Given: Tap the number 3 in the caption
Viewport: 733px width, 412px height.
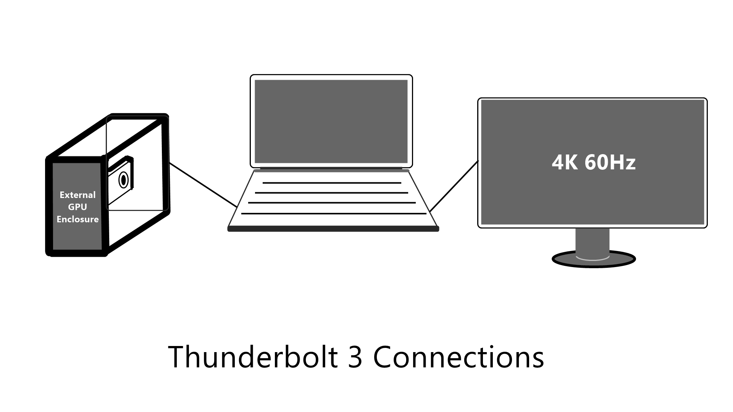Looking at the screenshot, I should point(355,357).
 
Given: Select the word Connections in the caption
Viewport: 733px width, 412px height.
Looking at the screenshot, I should point(458,357).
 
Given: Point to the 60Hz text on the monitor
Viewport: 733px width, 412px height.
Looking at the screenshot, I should point(610,162).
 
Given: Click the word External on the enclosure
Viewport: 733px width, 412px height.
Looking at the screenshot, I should point(77,195).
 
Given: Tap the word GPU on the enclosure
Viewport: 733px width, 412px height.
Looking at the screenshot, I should point(77,207).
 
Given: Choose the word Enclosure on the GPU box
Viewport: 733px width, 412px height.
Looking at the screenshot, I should point(77,219).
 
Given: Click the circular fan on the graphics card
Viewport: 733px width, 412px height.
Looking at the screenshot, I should point(123,180).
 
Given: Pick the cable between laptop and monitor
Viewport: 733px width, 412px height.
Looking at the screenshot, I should point(454,186).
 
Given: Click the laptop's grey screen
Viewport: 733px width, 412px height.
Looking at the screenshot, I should point(331,121).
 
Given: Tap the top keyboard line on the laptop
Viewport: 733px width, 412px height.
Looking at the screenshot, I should point(332,183).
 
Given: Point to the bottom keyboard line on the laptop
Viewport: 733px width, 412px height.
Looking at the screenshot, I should point(334,214).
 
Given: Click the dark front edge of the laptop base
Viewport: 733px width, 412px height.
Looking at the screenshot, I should point(333,229).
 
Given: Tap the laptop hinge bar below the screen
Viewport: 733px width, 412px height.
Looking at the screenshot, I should point(331,170).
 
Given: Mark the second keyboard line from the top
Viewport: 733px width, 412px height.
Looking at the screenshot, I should point(331,193).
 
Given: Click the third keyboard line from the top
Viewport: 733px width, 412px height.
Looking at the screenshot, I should point(332,203).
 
